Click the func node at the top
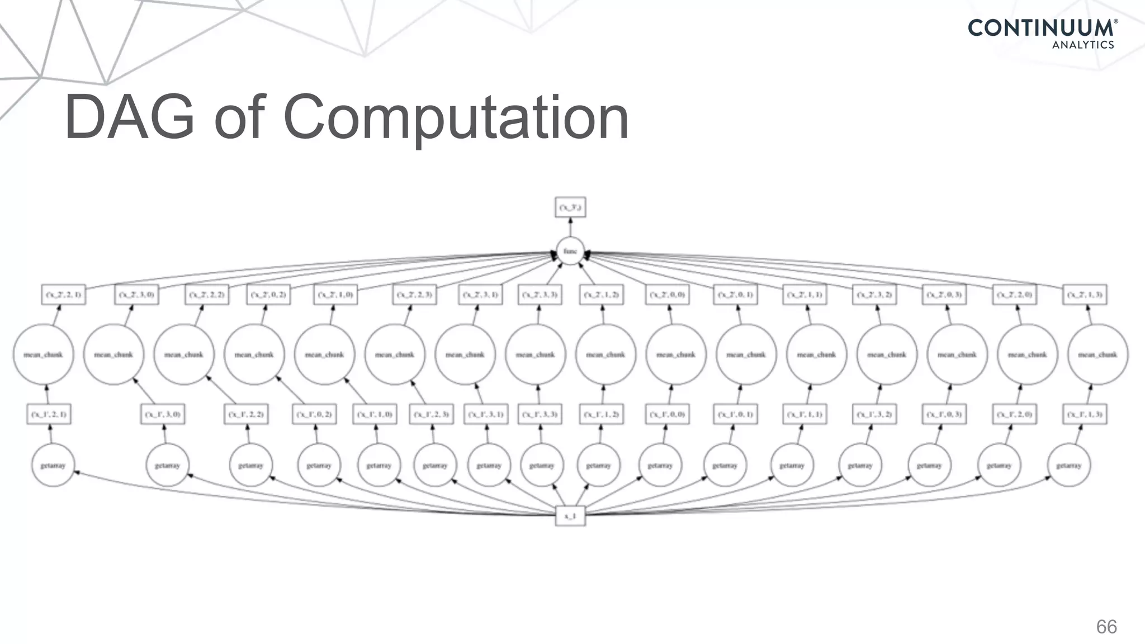(570, 251)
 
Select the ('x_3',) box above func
(570, 207)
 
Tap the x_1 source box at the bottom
(570, 516)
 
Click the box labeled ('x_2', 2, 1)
(64, 295)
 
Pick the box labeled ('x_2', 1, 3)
(1085, 295)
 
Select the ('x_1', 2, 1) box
(49, 414)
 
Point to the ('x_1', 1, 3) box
(1085, 414)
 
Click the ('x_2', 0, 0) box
(668, 295)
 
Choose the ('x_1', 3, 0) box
(163, 414)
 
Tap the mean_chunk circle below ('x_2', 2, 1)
(44, 354)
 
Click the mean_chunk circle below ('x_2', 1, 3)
(1097, 354)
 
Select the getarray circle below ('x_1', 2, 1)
(53, 465)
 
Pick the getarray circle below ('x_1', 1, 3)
(1069, 465)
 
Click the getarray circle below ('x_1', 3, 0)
(167, 465)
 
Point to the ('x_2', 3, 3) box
(540, 295)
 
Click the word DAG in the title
(130, 119)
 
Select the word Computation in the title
(456, 119)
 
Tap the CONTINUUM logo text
(1040, 28)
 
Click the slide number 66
(1106, 627)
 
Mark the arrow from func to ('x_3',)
(570, 227)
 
